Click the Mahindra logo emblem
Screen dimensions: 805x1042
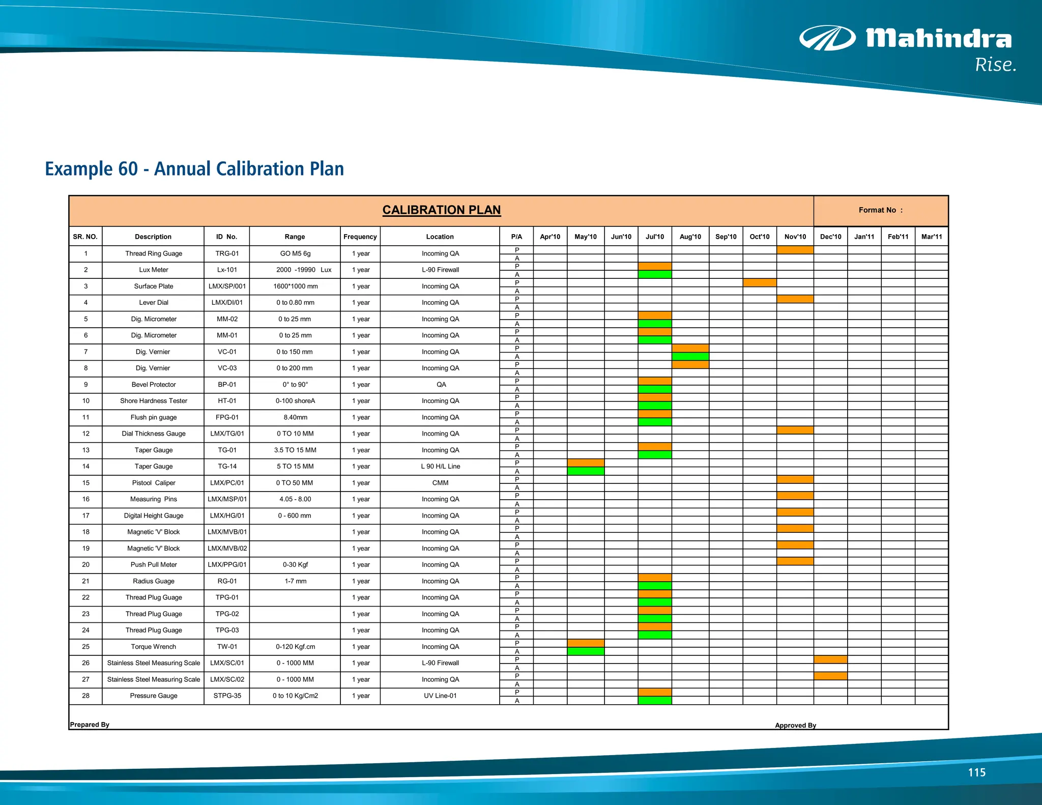[827, 38]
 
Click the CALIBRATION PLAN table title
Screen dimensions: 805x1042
[441, 210]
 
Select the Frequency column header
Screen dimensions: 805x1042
[360, 237]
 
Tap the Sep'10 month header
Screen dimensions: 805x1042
[726, 237]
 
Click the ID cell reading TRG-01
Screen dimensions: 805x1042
[227, 253]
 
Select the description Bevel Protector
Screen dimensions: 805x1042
[153, 385]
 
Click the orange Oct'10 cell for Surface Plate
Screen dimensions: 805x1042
[759, 283]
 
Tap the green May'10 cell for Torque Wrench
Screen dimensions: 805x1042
[586, 651]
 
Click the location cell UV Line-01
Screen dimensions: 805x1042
[440, 696]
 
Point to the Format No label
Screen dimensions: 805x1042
[880, 210]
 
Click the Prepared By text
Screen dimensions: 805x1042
[90, 725]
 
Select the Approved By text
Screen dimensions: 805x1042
[795, 725]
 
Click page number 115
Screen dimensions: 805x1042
[976, 772]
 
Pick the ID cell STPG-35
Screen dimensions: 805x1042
[227, 696]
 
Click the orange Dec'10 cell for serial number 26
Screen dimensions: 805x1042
[830, 659]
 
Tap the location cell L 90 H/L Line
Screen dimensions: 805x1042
[440, 466]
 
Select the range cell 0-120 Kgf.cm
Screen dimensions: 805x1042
[295, 647]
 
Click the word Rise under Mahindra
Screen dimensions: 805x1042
[995, 65]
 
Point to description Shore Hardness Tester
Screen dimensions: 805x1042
[153, 401]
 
